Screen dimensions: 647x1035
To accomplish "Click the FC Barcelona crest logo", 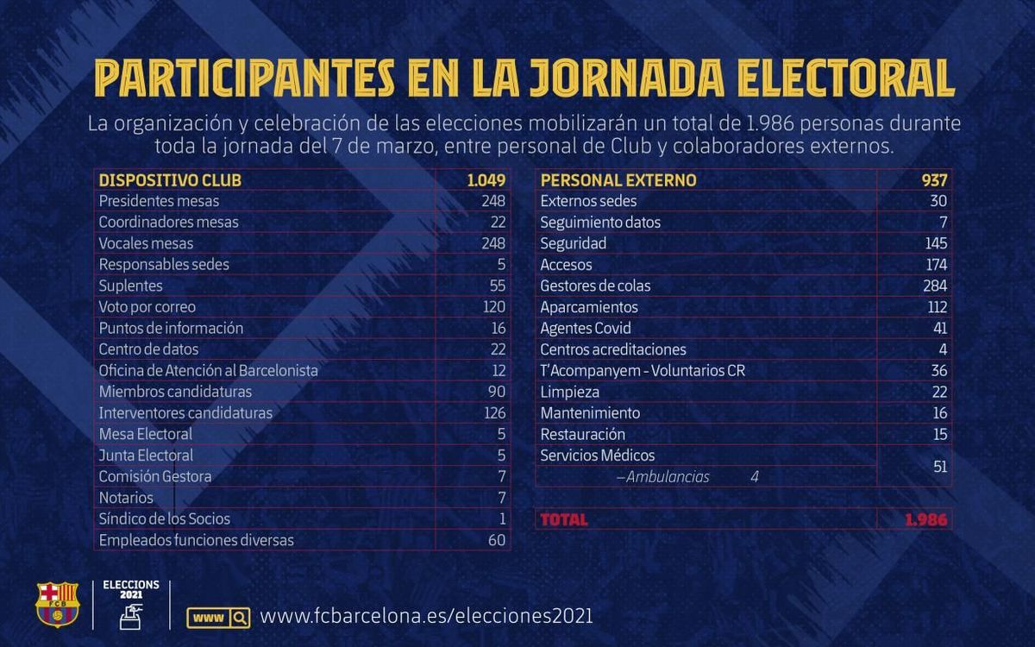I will coord(56,604).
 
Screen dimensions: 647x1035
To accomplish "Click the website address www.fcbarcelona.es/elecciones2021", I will coord(426,617).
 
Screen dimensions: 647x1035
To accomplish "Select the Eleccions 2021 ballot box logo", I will coord(131,604).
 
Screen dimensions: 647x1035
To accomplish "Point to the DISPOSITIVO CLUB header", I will coord(170,180).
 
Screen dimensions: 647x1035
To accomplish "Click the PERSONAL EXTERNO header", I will coord(618,180).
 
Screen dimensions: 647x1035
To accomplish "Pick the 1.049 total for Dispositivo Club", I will coord(486,180).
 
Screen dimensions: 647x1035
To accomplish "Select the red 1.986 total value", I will coord(925,519).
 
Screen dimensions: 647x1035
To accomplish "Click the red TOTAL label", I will coord(563,519).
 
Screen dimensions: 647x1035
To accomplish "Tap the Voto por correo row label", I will coord(147,307).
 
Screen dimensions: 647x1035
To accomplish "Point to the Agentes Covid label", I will coord(586,328).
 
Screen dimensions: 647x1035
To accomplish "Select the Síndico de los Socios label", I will coord(165,518).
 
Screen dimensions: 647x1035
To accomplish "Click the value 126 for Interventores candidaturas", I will coord(494,413).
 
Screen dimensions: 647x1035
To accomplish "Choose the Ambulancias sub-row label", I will coord(662,477).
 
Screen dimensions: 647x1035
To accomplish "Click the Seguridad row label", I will coord(574,243).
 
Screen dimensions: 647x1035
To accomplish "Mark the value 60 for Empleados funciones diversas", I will coord(497,540).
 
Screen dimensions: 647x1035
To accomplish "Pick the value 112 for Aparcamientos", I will coord(934,307).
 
